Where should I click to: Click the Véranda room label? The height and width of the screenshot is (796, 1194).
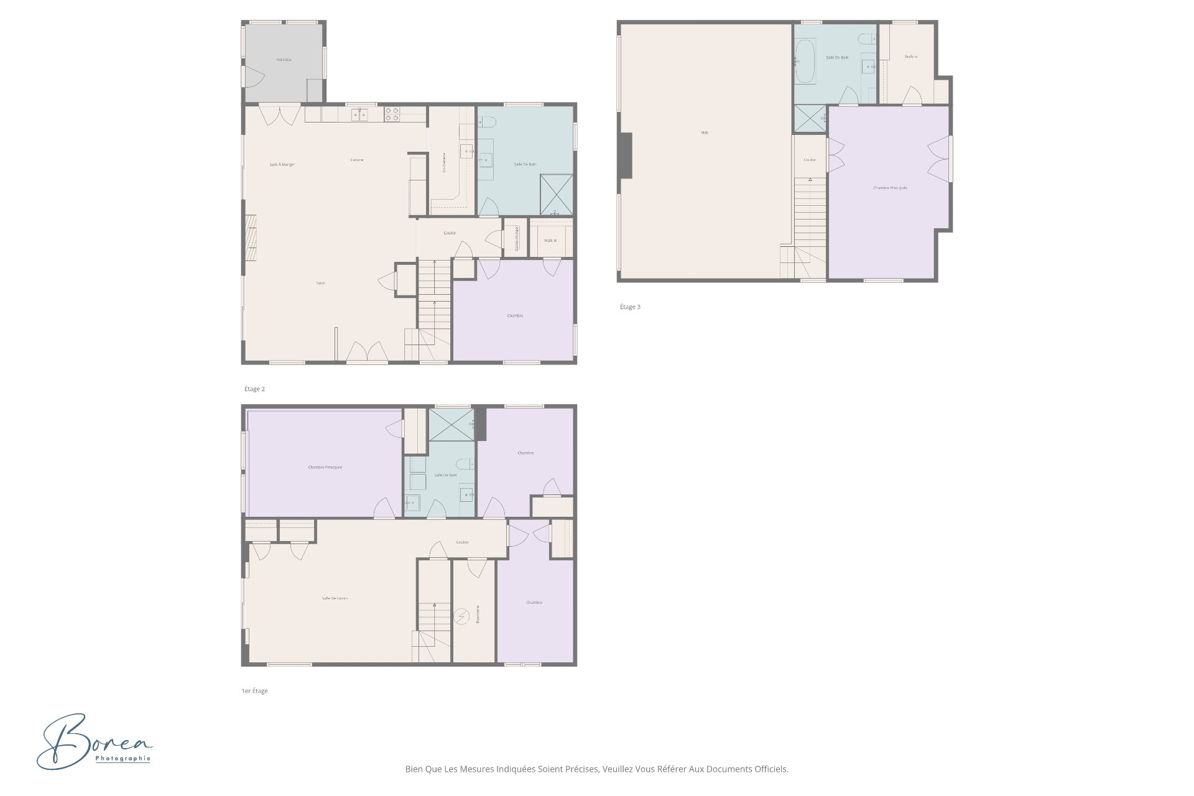(284, 60)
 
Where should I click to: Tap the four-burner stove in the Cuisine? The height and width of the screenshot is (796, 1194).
(392, 114)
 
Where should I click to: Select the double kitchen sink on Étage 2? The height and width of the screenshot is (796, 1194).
(359, 114)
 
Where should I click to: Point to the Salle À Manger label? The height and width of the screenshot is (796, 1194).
(282, 165)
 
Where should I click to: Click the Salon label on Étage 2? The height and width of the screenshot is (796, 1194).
(320, 283)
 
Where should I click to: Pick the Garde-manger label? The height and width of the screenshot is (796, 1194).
(516, 238)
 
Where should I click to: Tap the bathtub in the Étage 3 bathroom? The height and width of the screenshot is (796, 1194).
(805, 61)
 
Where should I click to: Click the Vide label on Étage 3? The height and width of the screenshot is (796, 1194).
(705, 132)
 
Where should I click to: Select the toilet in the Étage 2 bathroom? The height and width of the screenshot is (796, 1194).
(488, 122)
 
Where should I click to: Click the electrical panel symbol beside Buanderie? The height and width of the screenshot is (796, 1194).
(461, 616)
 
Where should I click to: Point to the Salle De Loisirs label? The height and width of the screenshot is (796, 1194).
(335, 598)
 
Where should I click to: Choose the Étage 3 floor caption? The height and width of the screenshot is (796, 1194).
(630, 307)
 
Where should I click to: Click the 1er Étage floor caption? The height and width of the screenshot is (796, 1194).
(254, 691)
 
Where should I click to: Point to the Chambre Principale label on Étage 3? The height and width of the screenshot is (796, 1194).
(890, 188)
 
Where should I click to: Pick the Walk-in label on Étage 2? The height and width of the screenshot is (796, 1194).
(550, 240)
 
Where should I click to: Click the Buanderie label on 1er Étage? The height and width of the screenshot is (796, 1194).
(478, 614)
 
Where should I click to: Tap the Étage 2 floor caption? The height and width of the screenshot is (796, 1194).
(254, 389)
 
